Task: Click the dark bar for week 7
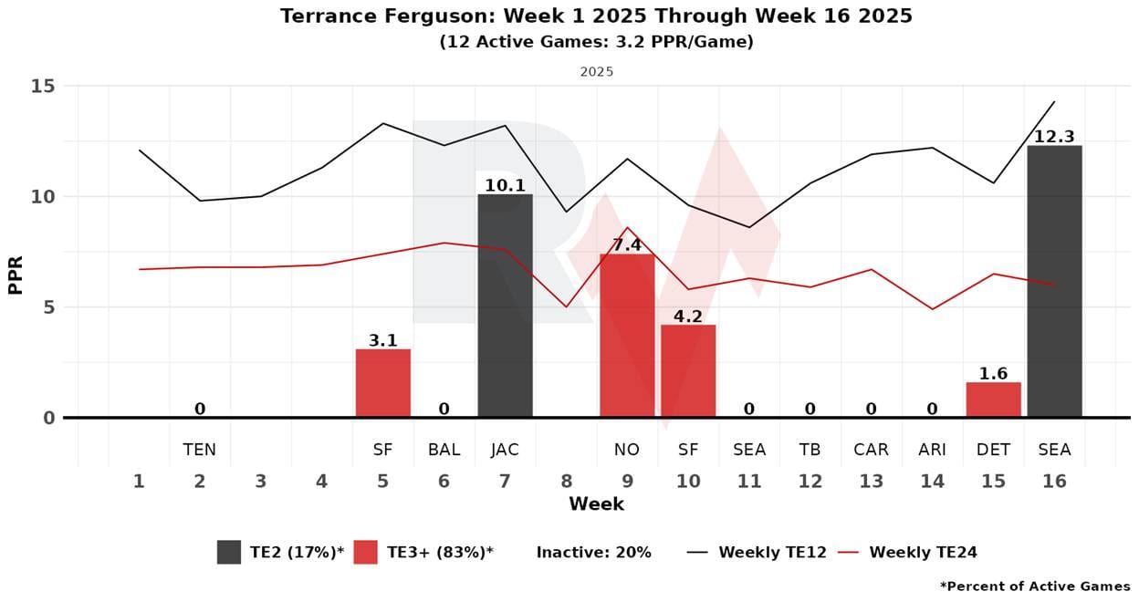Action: (505, 306)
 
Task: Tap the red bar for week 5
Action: (382, 383)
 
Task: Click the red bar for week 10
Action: (688, 371)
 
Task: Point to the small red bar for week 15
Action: (993, 400)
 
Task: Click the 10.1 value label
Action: (505, 185)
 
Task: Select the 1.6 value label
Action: (993, 373)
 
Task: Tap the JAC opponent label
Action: (505, 450)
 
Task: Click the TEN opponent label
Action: (200, 450)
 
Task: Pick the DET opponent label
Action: (993, 450)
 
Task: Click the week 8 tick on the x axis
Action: (566, 481)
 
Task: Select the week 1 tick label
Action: (139, 481)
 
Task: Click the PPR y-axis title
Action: (16, 274)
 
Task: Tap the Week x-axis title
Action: (596, 503)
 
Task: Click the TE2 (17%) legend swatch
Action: (229, 552)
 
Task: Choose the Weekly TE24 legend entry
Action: (923, 552)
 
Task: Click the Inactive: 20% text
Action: (593, 552)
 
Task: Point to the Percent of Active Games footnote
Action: (1035, 586)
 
